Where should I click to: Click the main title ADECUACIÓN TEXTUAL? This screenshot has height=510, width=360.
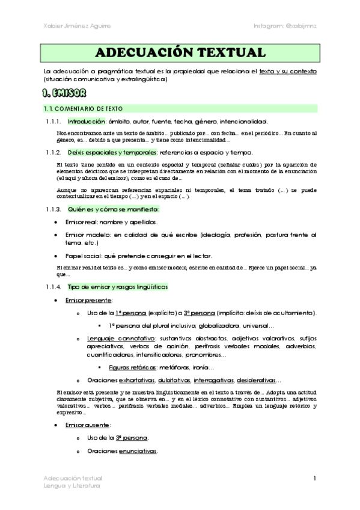[x=180, y=52]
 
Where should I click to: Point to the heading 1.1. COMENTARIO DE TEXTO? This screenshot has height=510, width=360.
[x=84, y=109]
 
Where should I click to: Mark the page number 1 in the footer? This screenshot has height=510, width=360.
[x=314, y=478]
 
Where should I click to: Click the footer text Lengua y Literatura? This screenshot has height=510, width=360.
[x=72, y=485]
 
